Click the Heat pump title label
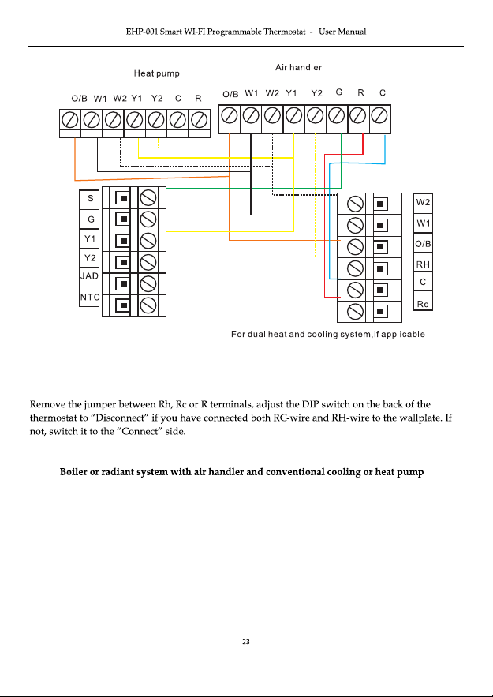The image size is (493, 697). coord(157,73)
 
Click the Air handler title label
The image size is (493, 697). coord(298,67)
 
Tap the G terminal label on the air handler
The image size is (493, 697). coord(339,92)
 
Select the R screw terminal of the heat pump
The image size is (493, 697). coord(200,119)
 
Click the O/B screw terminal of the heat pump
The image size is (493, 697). coord(70,119)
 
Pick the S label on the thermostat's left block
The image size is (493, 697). coord(91,198)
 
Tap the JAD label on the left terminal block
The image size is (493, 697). coord(89,276)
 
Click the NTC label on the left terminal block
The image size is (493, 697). coord(89,297)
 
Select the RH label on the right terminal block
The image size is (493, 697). coord(423,264)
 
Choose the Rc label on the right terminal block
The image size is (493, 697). coord(423,304)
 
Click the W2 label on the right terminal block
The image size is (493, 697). coord(423,202)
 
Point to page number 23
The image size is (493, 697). coord(246,642)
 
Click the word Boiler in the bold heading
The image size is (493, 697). coord(73,471)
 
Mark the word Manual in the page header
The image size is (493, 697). coord(351,32)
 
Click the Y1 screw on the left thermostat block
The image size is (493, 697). coord(148,241)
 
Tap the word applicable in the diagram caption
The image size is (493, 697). coord(403,334)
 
